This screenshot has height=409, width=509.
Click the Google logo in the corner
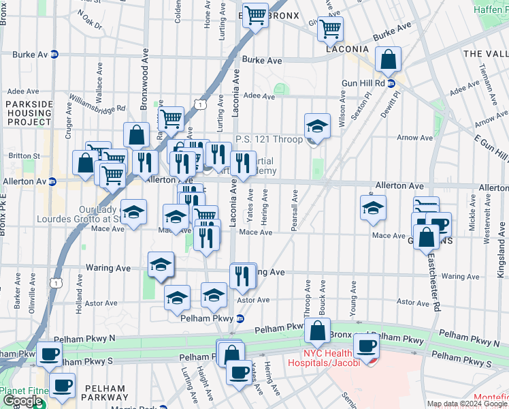(x=22, y=402)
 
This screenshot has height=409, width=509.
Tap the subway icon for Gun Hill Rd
(x=392, y=83)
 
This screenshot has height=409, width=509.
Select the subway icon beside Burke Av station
(x=54, y=54)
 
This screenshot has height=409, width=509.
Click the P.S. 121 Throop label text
(x=269, y=139)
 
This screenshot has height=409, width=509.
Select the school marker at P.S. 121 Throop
(x=317, y=126)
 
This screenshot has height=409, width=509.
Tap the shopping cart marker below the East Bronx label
(x=256, y=15)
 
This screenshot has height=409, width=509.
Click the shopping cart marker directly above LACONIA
(x=330, y=29)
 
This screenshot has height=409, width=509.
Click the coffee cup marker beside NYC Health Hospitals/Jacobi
(x=366, y=346)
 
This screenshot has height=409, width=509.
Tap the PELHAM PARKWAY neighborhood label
(x=103, y=393)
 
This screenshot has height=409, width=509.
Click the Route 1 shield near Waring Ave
(x=56, y=281)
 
